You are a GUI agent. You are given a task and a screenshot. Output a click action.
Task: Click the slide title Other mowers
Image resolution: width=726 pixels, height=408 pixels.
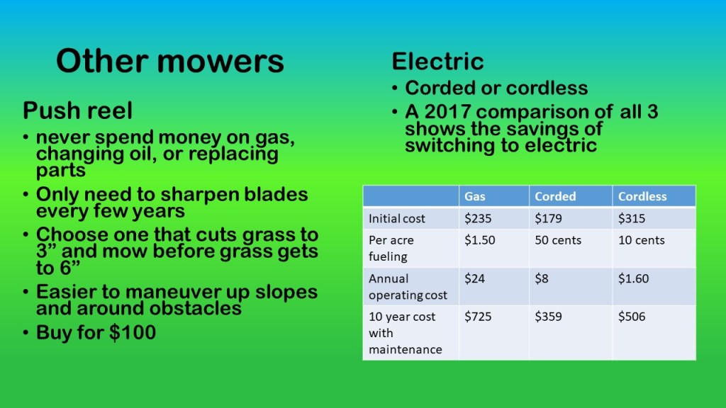click(x=170, y=61)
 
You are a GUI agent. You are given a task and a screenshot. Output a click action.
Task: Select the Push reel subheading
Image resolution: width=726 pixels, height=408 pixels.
click(x=77, y=110)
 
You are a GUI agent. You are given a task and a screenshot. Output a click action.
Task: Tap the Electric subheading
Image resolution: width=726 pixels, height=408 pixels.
click(x=437, y=62)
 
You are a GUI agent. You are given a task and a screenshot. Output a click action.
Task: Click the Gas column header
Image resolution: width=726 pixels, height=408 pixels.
click(x=475, y=196)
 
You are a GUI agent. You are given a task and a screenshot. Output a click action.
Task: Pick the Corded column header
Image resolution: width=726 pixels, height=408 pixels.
click(x=555, y=196)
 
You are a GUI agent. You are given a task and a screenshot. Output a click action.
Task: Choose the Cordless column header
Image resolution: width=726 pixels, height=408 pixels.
click(x=642, y=196)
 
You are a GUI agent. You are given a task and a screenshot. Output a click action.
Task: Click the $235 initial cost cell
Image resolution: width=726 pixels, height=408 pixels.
click(x=478, y=218)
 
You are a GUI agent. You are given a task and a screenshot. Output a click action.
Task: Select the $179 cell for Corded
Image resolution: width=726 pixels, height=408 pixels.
click(x=548, y=218)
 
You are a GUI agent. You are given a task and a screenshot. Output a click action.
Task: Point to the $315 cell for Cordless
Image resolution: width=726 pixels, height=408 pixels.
click(x=632, y=218)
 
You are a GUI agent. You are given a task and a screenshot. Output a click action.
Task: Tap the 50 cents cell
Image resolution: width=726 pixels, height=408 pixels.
click(x=558, y=240)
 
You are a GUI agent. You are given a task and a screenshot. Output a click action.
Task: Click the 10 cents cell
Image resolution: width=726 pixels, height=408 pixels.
click(x=641, y=240)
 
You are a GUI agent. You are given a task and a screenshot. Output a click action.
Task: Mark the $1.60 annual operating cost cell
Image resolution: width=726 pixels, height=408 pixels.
click(x=633, y=278)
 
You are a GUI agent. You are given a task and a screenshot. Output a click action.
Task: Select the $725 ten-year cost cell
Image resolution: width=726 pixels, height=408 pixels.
click(x=478, y=317)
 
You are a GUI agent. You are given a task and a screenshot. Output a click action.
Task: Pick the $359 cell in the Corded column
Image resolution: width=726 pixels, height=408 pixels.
click(x=548, y=317)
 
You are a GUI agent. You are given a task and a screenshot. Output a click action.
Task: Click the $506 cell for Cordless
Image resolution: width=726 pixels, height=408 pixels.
click(x=632, y=317)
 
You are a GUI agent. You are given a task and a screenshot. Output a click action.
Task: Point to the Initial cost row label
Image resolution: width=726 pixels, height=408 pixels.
click(x=397, y=218)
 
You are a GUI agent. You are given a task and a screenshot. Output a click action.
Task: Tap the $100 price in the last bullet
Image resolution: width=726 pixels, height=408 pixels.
click(x=133, y=333)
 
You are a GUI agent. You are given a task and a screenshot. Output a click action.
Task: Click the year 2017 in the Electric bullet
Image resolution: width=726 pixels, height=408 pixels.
click(x=447, y=112)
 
